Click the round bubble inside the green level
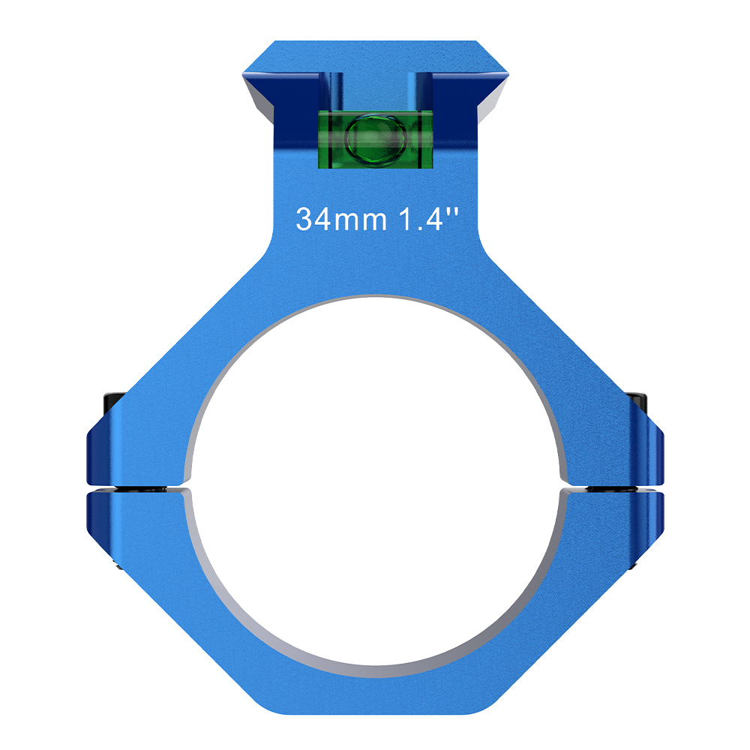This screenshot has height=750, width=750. (x=376, y=138)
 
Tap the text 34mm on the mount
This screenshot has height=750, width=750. (x=341, y=219)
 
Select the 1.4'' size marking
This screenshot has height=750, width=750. (x=428, y=219)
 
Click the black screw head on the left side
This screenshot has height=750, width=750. (x=113, y=403)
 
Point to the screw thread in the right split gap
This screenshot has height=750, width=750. (x=612, y=489)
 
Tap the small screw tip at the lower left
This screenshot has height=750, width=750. (x=118, y=567)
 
